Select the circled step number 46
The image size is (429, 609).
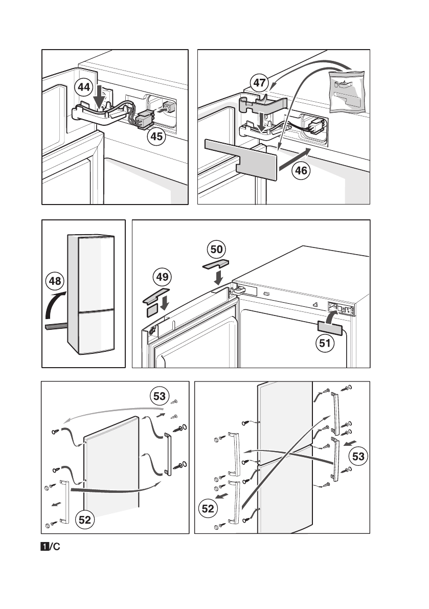302,170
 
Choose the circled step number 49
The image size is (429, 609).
162,278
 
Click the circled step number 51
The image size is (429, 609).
324,343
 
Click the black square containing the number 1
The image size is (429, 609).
46,546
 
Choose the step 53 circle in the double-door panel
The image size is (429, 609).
358,456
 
